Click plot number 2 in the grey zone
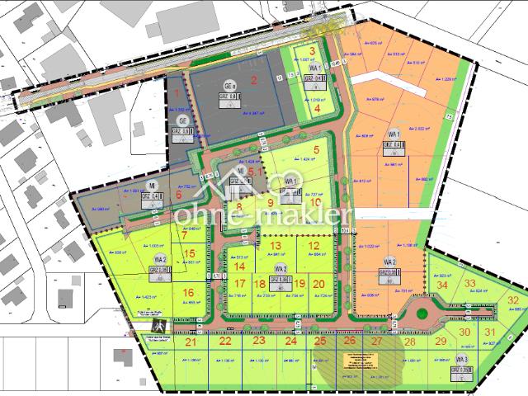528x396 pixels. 255,80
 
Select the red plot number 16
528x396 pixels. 188,291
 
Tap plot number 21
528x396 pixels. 191,342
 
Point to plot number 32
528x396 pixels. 512,300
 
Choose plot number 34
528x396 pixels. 442,285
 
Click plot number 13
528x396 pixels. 276,246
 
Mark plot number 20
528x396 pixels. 318,283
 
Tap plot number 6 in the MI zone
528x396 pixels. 178,195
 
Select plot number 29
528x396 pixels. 441,342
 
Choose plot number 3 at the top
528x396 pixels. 313,51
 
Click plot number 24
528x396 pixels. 290,341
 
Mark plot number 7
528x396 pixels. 185,234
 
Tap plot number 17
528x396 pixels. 238,283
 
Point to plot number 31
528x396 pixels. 490,332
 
